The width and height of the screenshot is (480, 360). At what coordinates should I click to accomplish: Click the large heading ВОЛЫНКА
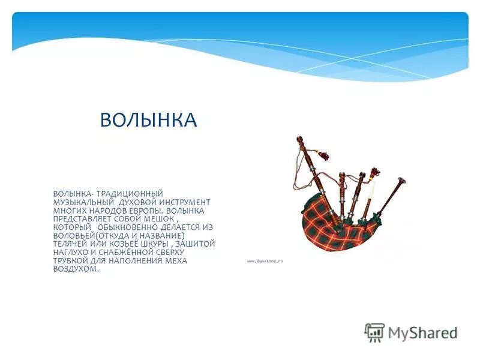148,120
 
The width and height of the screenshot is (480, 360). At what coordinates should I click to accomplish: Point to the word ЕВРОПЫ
144,211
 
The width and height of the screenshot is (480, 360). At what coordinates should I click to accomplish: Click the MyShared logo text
422,332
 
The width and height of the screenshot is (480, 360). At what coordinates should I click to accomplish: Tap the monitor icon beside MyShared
374,331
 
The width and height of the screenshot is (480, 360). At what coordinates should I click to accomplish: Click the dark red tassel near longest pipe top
325,158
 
